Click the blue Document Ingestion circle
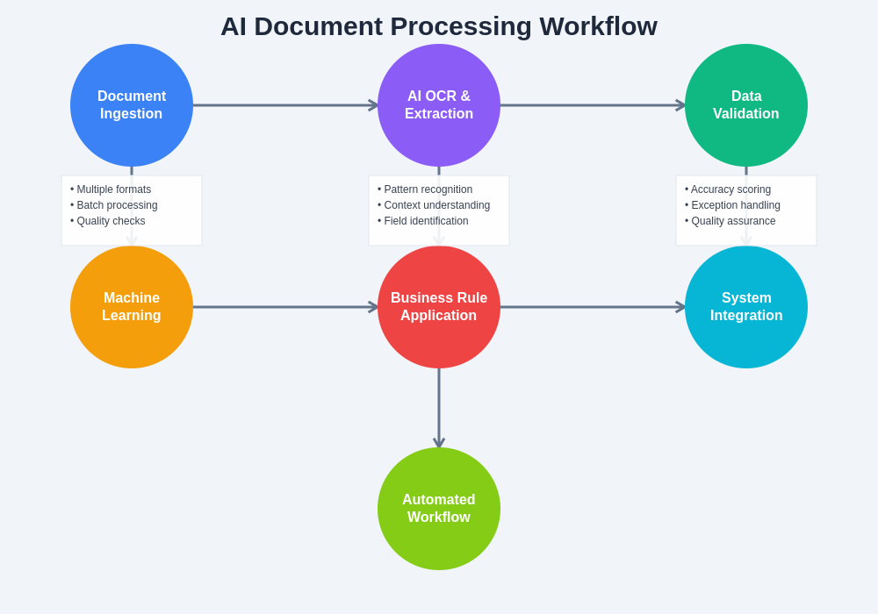132,105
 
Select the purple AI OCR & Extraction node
439,105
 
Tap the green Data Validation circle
746,105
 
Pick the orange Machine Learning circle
132,307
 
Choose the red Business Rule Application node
439,307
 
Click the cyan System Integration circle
746,307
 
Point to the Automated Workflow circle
439,509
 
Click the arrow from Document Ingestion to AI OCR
285,105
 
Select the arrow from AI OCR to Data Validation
593,105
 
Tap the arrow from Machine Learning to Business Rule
285,307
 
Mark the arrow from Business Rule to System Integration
593,307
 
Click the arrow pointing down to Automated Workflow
439,408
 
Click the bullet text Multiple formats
113,189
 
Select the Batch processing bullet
117,205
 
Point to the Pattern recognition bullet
428,189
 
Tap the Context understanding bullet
436,205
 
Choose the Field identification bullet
426,221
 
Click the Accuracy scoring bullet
730,189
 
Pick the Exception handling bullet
735,205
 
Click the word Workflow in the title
598,26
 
